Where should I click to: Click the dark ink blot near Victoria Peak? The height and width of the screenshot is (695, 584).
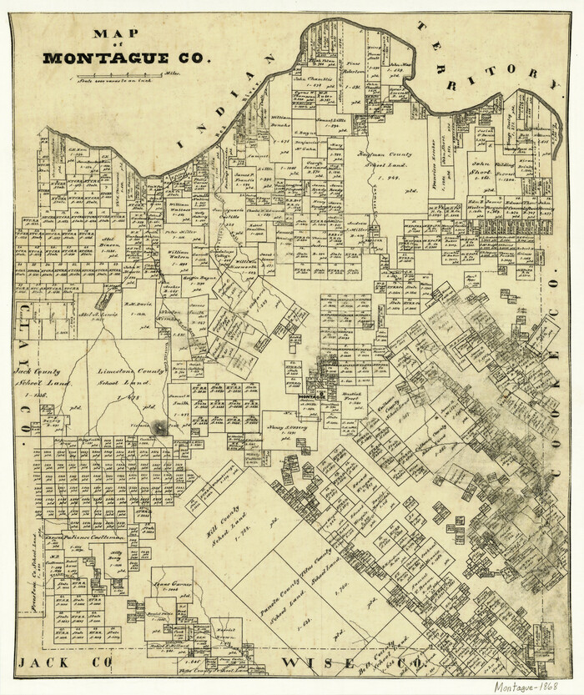156,426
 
